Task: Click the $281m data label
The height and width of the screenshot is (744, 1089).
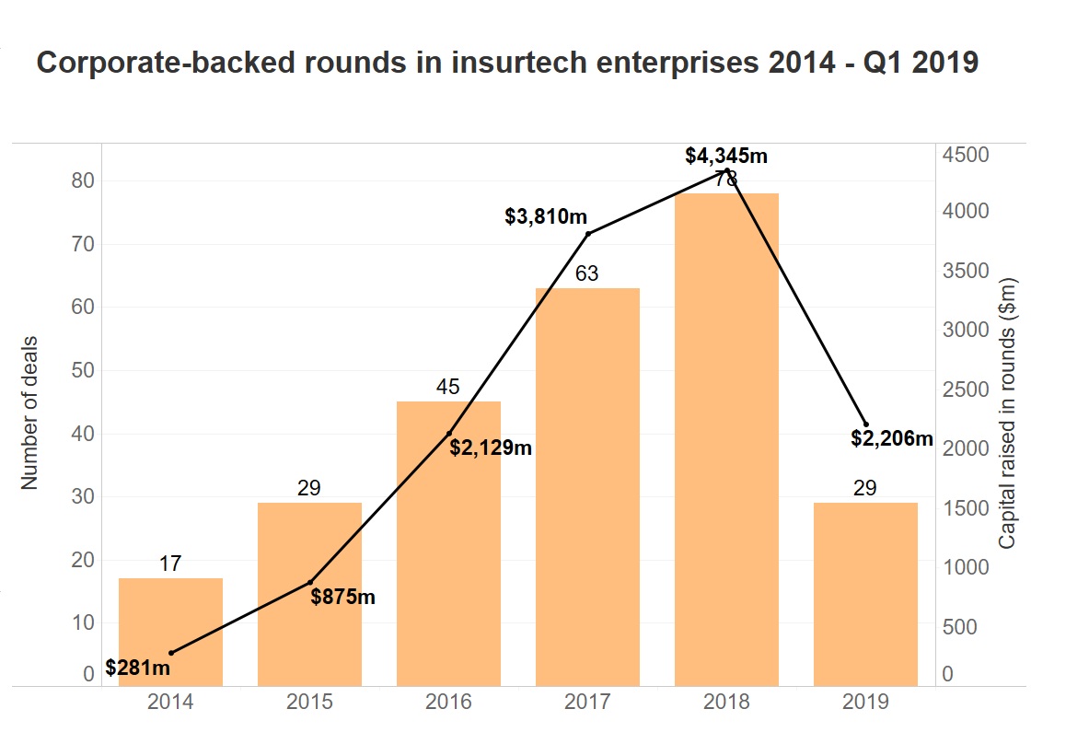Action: coord(138,668)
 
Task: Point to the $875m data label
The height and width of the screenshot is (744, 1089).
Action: coord(343,597)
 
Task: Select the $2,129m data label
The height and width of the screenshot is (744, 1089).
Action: coord(491,448)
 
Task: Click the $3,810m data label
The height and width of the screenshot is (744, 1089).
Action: coord(546,217)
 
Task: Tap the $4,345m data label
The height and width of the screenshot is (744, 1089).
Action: coord(726,156)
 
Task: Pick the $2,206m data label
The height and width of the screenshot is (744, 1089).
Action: coord(892,439)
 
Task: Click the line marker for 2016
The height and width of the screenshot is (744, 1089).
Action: coord(449,433)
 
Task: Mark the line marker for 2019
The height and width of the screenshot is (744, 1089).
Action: coord(865,424)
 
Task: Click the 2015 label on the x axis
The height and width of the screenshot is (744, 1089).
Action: coord(309,703)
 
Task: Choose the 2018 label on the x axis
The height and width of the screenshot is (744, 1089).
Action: coord(726,703)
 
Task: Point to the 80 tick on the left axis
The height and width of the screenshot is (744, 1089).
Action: coord(83,180)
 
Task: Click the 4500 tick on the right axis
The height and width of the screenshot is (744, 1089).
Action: coord(964,154)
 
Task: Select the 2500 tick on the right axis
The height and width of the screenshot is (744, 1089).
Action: coord(964,390)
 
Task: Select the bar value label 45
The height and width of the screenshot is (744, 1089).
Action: coord(448,388)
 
